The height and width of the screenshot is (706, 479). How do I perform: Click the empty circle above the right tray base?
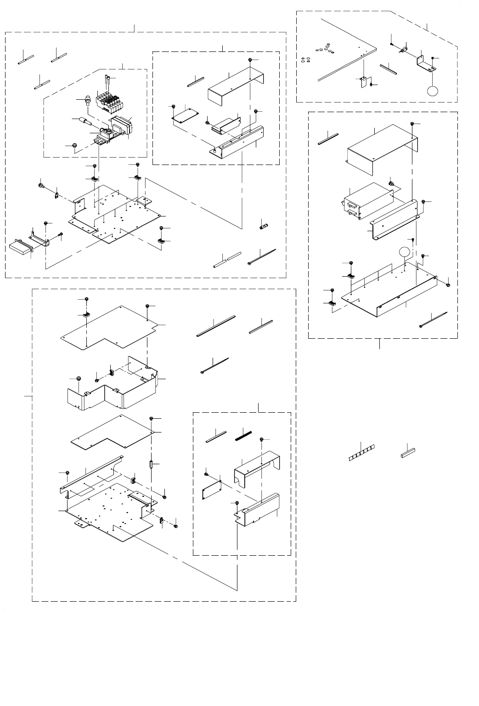click(x=404, y=252)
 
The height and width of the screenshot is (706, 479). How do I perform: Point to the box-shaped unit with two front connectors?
click(x=367, y=202)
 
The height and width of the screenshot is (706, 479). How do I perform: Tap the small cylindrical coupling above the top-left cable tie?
click(x=264, y=226)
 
